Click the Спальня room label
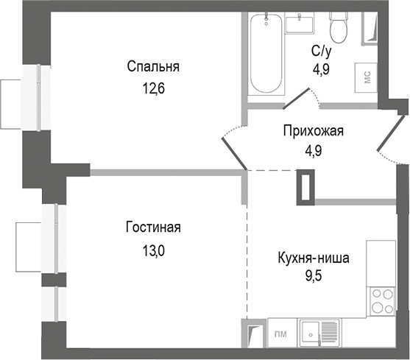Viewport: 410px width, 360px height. click(153, 67)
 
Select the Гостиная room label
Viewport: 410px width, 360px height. click(152, 227)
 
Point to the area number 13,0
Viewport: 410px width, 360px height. click(152, 249)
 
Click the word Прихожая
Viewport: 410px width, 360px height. click(314, 132)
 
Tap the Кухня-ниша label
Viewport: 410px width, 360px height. click(314, 258)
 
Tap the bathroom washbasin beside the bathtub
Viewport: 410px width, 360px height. click(300, 24)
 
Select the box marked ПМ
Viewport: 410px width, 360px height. click(280, 333)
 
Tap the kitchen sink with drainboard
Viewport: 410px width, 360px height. click(319, 331)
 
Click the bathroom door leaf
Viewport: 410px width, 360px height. click(298, 97)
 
